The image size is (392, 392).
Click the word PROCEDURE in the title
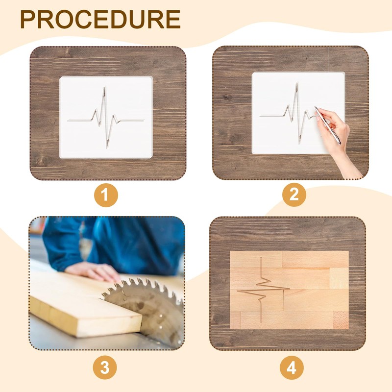click(100, 20)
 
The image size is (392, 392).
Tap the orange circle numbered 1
click(106, 195)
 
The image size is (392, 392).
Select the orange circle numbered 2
click(294, 195)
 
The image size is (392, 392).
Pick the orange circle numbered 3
click(105, 368)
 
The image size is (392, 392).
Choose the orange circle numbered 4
click(292, 368)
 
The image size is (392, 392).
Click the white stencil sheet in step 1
click(106, 117)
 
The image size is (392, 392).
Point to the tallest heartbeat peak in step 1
click(104, 88)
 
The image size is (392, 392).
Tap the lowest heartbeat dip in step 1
click(107, 147)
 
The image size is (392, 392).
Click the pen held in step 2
click(327, 125)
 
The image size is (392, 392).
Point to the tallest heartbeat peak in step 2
click(297, 84)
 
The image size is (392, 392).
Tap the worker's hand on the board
click(94, 272)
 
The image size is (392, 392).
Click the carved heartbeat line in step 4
click(261, 290)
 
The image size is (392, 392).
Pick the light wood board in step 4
click(289, 290)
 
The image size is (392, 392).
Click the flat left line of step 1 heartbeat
click(79, 120)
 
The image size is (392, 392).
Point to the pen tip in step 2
click(315, 107)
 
